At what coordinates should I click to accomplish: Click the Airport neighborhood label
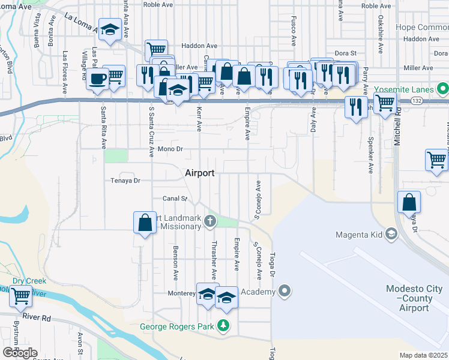199,172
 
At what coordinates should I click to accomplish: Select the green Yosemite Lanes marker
443,90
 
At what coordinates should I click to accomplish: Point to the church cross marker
210,221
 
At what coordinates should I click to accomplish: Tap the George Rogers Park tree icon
223,326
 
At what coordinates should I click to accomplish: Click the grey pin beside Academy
285,292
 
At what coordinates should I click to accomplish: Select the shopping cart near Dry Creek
21,295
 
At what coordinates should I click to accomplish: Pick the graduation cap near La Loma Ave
110,29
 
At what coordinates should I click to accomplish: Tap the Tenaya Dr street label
125,180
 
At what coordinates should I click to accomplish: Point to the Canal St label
175,198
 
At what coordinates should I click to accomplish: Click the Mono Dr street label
170,148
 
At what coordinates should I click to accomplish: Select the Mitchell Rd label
397,131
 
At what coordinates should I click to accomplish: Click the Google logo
20,352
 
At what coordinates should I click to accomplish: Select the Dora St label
346,53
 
